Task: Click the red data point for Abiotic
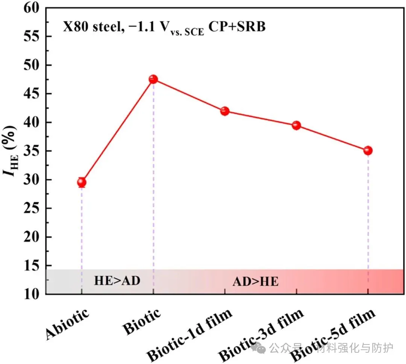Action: [x=82, y=183]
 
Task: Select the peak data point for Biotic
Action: [x=153, y=79]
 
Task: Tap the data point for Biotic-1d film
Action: [x=225, y=111]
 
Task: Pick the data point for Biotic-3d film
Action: [x=296, y=125]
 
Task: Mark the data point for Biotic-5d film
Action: [x=368, y=151]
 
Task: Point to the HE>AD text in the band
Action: [x=117, y=281]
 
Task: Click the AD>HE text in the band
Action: [x=256, y=282]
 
